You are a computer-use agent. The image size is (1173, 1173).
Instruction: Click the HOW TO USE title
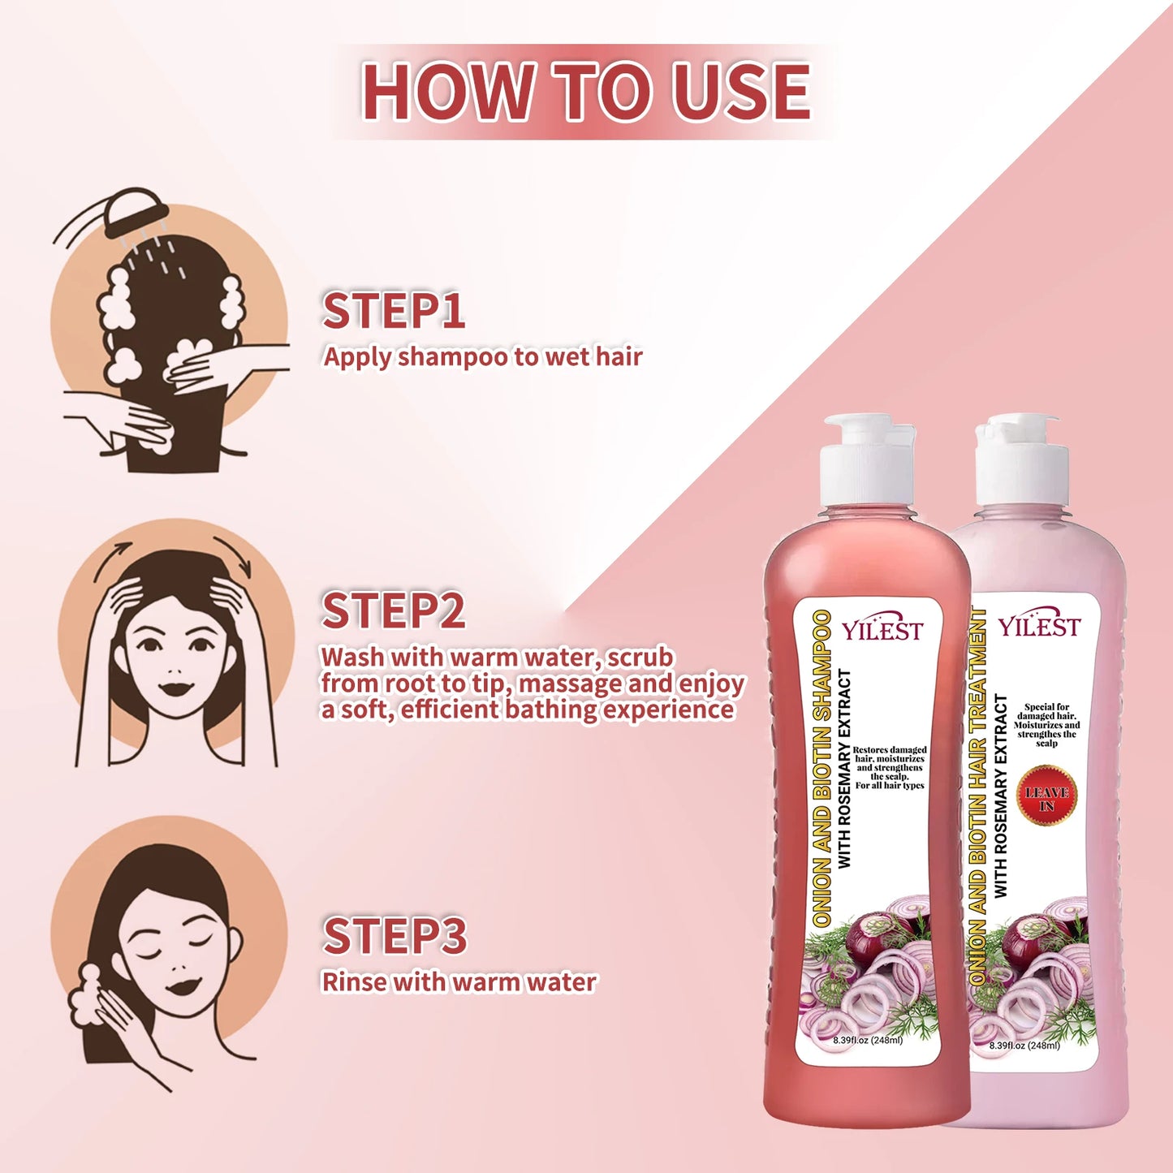pos(586,91)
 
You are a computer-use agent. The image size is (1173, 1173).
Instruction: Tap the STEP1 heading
pos(394,312)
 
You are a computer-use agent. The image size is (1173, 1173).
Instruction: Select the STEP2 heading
pos(394,611)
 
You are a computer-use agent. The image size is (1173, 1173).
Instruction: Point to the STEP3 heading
pos(395,936)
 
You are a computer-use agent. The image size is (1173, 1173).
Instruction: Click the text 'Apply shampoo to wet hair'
pos(482,357)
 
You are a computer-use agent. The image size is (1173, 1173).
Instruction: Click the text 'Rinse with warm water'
pos(459,982)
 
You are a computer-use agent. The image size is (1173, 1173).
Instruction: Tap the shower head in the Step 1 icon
pos(136,207)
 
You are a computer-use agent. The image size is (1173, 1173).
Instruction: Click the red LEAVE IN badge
pos(1046,795)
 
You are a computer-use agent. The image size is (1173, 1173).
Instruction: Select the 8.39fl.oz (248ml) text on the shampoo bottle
pos(867,1040)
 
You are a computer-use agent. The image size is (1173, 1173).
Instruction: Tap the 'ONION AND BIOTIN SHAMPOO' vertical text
pos(822,767)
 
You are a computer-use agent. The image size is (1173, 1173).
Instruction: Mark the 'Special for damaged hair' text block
pos(1046,725)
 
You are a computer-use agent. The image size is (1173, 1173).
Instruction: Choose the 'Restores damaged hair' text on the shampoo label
pos(889,768)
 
